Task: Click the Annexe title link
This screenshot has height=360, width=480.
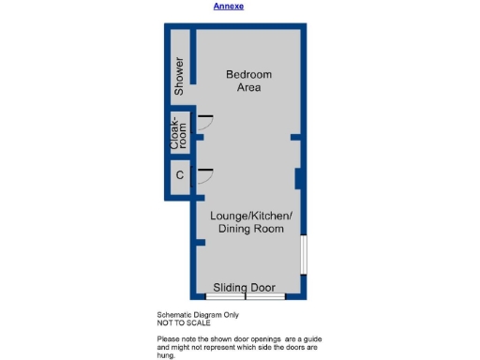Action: coord(228,6)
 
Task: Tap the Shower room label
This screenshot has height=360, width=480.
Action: coord(179,76)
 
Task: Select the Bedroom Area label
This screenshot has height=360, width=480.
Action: coord(248,81)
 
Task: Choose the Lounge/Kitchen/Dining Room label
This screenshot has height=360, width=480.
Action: coord(250,222)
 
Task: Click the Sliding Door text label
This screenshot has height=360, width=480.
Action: coord(244,287)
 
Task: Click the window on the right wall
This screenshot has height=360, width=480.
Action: coord(302,254)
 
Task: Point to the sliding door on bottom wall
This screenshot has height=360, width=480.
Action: coord(245,296)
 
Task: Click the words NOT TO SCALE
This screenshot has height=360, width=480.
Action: coord(183,322)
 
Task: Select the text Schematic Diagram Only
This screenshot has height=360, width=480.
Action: coord(198,315)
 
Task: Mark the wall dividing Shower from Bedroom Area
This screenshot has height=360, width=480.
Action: coord(193,57)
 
